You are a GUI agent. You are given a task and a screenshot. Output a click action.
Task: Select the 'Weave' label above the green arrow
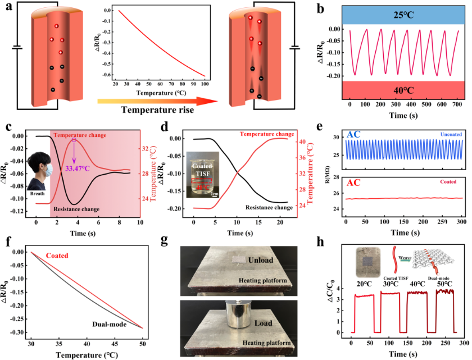pos(402,258)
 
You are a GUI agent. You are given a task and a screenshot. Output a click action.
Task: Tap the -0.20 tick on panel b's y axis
pos(333,75)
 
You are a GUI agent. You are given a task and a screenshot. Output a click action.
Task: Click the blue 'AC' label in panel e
pos(355,135)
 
